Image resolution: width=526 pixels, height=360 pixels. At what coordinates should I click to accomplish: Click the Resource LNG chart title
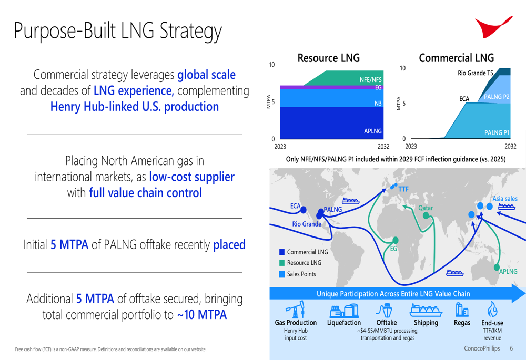328,58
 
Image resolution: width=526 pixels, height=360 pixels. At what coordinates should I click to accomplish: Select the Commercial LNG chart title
456,58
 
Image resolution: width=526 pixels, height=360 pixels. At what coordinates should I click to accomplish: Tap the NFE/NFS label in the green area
371,80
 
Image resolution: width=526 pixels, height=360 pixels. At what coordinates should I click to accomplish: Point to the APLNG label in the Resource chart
373,131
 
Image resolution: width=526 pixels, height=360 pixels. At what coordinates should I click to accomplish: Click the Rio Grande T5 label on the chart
476,73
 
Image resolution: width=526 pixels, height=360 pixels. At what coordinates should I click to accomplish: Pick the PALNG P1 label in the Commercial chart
497,133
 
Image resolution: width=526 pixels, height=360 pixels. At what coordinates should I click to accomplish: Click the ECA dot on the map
304,210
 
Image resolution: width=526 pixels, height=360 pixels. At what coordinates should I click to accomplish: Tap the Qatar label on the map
426,208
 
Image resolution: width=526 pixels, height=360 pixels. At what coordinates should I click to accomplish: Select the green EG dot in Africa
396,240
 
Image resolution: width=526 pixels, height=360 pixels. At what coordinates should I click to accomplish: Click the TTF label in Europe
403,189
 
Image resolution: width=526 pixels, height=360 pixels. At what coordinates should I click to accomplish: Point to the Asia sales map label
505,199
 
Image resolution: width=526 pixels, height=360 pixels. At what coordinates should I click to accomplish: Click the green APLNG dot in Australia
497,267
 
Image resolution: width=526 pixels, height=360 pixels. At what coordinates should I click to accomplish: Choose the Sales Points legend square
282,274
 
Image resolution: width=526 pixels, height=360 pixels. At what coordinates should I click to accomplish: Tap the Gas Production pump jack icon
296,309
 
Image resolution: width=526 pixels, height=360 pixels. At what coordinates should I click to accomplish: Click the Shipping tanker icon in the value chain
426,310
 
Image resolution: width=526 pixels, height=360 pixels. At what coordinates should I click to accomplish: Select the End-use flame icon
492,308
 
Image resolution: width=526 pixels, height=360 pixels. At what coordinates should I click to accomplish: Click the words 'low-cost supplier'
191,177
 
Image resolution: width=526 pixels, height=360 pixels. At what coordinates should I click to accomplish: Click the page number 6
511,348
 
